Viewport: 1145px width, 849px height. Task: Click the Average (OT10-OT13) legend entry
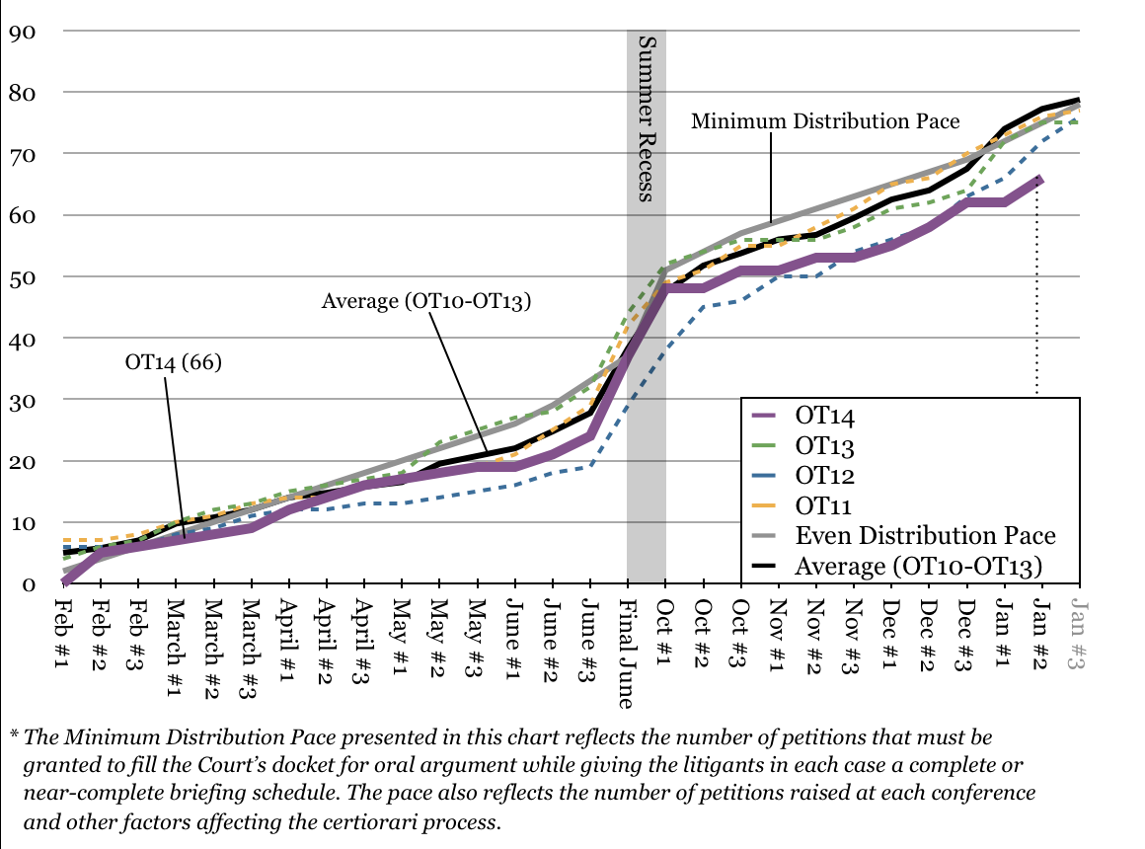tap(919, 566)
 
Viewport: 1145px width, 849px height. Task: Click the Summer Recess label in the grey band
tap(647, 118)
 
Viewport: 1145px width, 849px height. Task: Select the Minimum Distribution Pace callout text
tap(824, 121)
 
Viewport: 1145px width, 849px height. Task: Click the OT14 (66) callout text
tap(174, 361)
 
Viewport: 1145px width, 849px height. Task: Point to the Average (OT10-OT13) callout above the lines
tap(426, 301)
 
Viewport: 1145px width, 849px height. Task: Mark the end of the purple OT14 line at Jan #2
tap(1038, 179)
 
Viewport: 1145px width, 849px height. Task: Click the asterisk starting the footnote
tap(14, 735)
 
